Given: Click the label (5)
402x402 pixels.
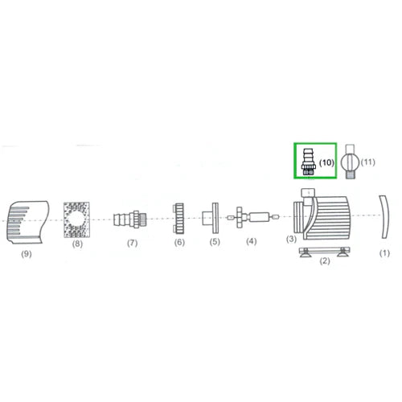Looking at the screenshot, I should point(215,241).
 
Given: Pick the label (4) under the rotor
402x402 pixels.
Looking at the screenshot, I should point(252,241).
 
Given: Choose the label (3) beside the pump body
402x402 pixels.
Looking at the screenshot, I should point(291,239).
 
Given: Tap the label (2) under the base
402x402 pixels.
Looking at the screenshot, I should point(326,260).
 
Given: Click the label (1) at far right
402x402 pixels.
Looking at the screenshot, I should point(384,252).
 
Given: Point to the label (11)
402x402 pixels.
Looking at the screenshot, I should point(368,162).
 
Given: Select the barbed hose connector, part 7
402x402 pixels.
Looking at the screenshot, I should point(129,217).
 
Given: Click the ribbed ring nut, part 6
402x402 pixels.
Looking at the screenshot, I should point(178,217).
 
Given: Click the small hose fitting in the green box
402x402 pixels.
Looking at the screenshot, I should point(306,161).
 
